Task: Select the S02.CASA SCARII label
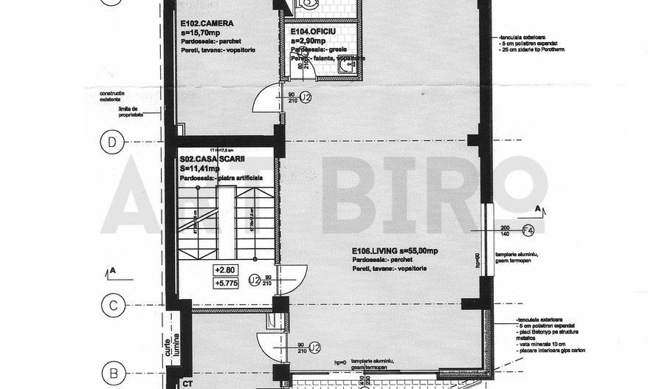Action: tap(211, 159)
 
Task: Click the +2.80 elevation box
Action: tap(224, 270)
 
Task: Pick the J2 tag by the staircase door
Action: tap(253, 280)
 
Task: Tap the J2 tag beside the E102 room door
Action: tap(306, 97)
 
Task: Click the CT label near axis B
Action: tap(187, 383)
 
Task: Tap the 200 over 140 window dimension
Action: tap(506, 230)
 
